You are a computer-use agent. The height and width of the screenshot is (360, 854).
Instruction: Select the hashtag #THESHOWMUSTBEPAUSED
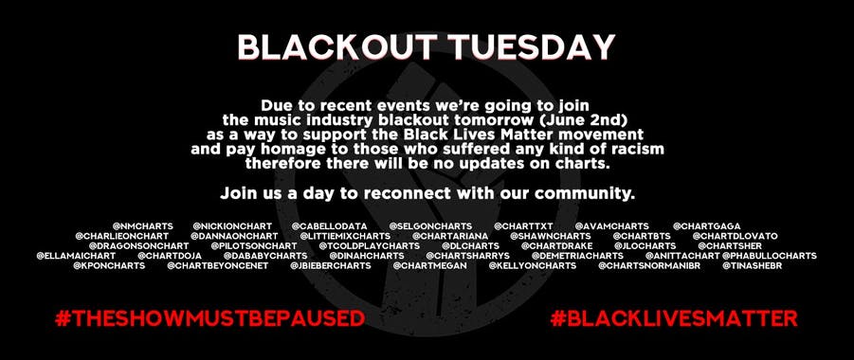click(x=209, y=318)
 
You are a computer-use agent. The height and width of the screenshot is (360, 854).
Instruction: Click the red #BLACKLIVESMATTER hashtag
click(x=674, y=318)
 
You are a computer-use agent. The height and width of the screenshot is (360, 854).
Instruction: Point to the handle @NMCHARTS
click(x=143, y=226)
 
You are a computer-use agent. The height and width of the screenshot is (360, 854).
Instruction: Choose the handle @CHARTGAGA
click(x=707, y=226)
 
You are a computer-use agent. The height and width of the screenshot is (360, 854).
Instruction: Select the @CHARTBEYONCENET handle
click(x=218, y=266)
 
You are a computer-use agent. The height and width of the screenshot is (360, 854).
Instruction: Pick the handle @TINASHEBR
click(x=753, y=266)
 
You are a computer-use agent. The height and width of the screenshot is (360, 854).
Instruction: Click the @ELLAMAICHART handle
click(x=76, y=256)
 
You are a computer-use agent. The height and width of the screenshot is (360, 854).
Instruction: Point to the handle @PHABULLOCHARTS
click(x=769, y=256)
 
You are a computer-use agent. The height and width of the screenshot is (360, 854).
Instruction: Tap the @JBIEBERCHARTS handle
click(x=331, y=266)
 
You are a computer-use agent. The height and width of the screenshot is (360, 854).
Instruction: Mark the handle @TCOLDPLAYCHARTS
click(x=370, y=246)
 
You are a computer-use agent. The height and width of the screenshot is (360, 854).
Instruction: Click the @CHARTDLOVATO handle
click(x=736, y=237)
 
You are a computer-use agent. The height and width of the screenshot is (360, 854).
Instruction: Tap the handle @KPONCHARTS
click(x=109, y=266)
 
